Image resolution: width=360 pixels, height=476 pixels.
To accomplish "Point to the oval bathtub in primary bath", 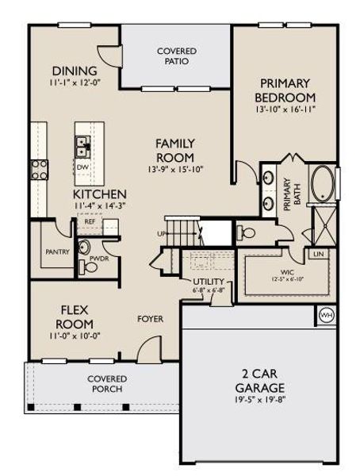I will pyautogui.click(x=324, y=183).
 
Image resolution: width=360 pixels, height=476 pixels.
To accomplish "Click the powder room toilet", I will pyautogui.click(x=90, y=267).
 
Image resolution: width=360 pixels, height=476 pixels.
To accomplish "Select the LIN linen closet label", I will pyautogui.click(x=319, y=254).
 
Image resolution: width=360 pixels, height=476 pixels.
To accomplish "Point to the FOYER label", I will pyautogui.click(x=150, y=319).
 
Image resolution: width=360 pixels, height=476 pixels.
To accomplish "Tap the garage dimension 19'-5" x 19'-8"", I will pyautogui.click(x=259, y=402).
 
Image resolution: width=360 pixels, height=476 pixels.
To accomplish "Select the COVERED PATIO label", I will pyautogui.click(x=176, y=56).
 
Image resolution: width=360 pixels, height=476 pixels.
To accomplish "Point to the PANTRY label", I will pyautogui.click(x=57, y=252).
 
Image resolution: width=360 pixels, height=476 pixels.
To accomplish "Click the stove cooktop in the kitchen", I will pyautogui.click(x=39, y=168).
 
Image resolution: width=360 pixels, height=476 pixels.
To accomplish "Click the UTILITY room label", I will pyautogui.click(x=208, y=282).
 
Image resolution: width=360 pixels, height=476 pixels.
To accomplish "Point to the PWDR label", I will pyautogui.click(x=99, y=259).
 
